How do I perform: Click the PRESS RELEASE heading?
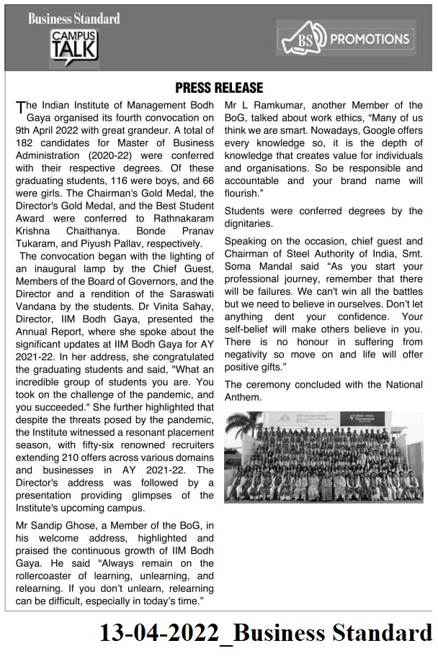220,88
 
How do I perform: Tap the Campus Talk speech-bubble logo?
74,47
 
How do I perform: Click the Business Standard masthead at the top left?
74,19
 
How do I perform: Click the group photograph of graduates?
323,457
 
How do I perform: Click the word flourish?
241,193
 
